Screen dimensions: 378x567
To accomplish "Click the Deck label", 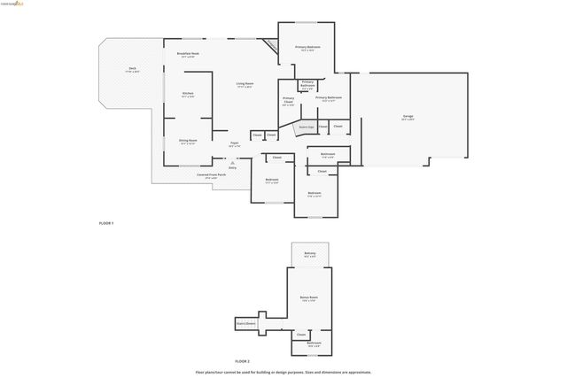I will (x=132, y=69).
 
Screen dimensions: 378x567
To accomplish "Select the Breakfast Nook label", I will (x=188, y=55).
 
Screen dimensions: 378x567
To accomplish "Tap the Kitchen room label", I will (x=188, y=94).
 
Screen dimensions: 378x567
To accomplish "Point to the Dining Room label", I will (x=188, y=141).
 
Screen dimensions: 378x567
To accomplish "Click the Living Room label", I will (x=245, y=85).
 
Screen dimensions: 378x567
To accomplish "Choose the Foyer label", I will (x=235, y=144).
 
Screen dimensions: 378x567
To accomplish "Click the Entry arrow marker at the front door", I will (x=232, y=165).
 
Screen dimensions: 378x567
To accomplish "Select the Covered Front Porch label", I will (x=211, y=175).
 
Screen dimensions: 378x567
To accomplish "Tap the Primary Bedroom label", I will (x=307, y=48).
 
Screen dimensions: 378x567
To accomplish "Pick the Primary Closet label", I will (x=289, y=101).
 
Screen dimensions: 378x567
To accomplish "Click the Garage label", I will (x=408, y=118).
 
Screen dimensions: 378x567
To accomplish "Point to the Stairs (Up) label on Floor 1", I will (x=305, y=127).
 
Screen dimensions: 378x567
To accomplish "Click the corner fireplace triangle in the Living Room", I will (x=270, y=45).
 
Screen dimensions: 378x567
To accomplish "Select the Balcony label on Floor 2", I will (x=310, y=255).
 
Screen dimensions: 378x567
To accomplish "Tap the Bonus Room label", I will (x=308, y=298).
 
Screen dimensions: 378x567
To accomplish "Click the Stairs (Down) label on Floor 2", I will (x=246, y=324).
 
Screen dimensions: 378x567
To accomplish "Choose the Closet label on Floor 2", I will (x=301, y=335).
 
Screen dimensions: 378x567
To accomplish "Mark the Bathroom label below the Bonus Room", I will (x=314, y=343).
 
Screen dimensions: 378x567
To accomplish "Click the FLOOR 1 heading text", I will (x=106, y=223).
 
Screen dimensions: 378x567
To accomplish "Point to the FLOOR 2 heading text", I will (x=242, y=361).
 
